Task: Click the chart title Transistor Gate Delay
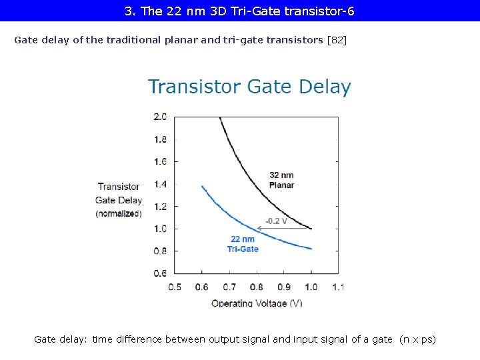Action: pos(249,87)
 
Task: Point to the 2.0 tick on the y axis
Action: pos(160,117)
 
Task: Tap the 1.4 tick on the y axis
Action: pos(160,184)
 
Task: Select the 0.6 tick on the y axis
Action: pos(160,273)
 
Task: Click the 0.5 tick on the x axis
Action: pos(175,287)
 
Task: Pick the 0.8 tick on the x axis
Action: pos(257,287)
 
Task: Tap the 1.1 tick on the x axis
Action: pos(337,287)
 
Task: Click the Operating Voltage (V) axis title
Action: pos(257,303)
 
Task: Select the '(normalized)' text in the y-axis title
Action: pos(119,213)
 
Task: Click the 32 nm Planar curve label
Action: pos(281,180)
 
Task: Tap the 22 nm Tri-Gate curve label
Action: pos(243,244)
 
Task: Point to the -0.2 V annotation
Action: pos(276,221)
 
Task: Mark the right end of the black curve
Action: pos(311,229)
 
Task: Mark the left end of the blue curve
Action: pos(202,186)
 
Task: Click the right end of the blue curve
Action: pos(311,249)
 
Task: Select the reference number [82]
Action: pos(337,40)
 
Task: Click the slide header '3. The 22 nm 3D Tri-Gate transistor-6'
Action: pos(239,11)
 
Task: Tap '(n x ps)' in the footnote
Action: pos(417,339)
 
